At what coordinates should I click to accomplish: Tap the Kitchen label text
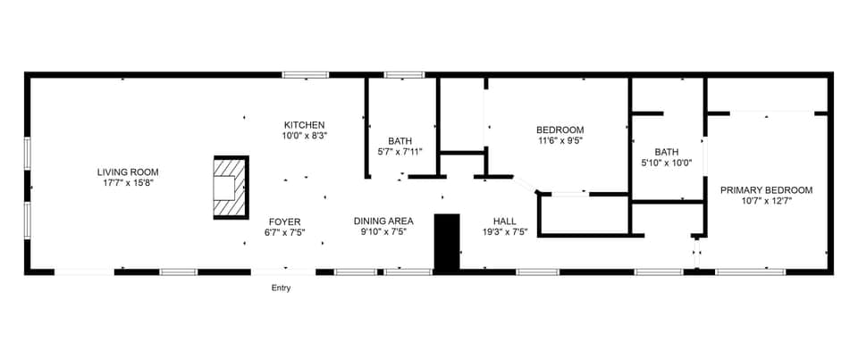[304, 125]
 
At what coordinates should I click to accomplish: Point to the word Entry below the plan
[281, 288]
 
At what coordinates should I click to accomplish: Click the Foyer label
[285, 222]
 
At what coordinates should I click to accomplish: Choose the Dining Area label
[383, 222]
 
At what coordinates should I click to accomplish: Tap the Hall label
[504, 222]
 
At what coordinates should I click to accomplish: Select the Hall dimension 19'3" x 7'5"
[504, 233]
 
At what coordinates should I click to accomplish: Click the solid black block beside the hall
[446, 240]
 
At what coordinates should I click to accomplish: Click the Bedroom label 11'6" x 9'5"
[560, 130]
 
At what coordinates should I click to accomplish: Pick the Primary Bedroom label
[766, 189]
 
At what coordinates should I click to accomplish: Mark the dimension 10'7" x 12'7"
[766, 201]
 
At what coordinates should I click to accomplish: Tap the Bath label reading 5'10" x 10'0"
[666, 152]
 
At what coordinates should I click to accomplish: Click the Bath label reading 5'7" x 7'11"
[400, 141]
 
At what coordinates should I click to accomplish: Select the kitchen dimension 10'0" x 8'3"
[304, 137]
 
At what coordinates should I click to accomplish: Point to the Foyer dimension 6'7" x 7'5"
[285, 233]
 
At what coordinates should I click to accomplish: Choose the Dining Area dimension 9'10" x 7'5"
[383, 233]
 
